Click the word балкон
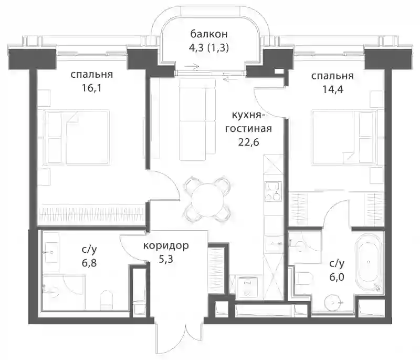[x=209, y=34]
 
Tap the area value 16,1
[x=91, y=88]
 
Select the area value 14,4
[x=333, y=89]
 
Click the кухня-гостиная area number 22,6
[x=248, y=142]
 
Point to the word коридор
[x=166, y=245]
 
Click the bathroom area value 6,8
[x=89, y=263]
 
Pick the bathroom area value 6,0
[x=337, y=277]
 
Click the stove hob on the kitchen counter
[x=273, y=191]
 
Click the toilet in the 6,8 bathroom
[x=107, y=300]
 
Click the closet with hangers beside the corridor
[x=218, y=269]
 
